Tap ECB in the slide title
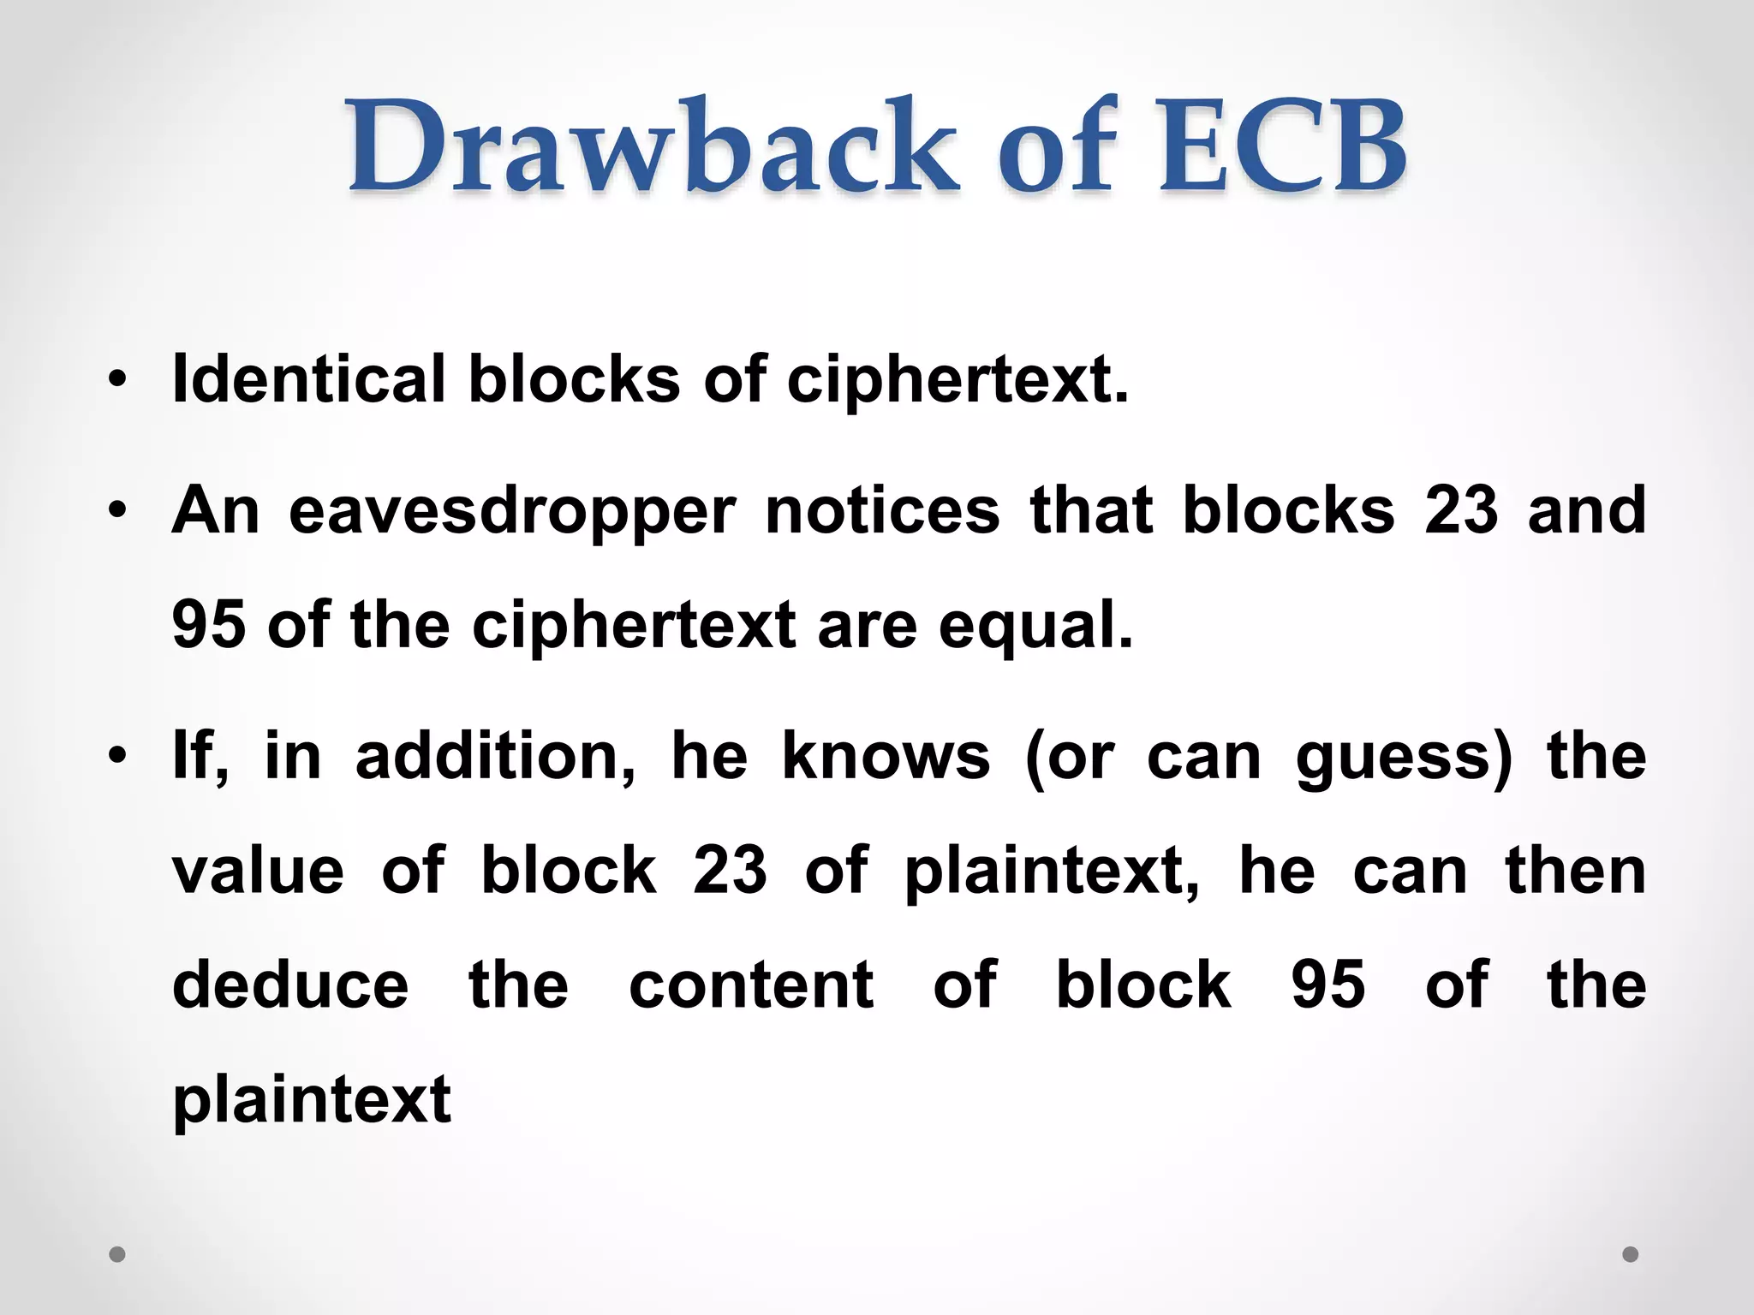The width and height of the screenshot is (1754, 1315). pos(1281,147)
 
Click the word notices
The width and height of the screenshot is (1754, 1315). pos(882,510)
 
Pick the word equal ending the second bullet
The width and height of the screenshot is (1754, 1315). pos(1035,625)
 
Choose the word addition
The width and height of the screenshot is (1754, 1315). pos(495,757)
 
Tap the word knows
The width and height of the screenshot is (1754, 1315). pos(886,757)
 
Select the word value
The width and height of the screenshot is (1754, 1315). pos(258,872)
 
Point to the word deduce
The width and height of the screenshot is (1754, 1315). pos(290,985)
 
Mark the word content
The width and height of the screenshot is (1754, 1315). pos(751,985)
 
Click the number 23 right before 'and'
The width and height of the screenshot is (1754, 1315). pos(1461,510)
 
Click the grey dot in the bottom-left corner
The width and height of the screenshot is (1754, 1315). pos(117,1254)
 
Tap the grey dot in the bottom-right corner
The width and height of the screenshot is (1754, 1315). pos(1631,1254)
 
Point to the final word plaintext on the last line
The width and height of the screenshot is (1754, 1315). pos(312,1101)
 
